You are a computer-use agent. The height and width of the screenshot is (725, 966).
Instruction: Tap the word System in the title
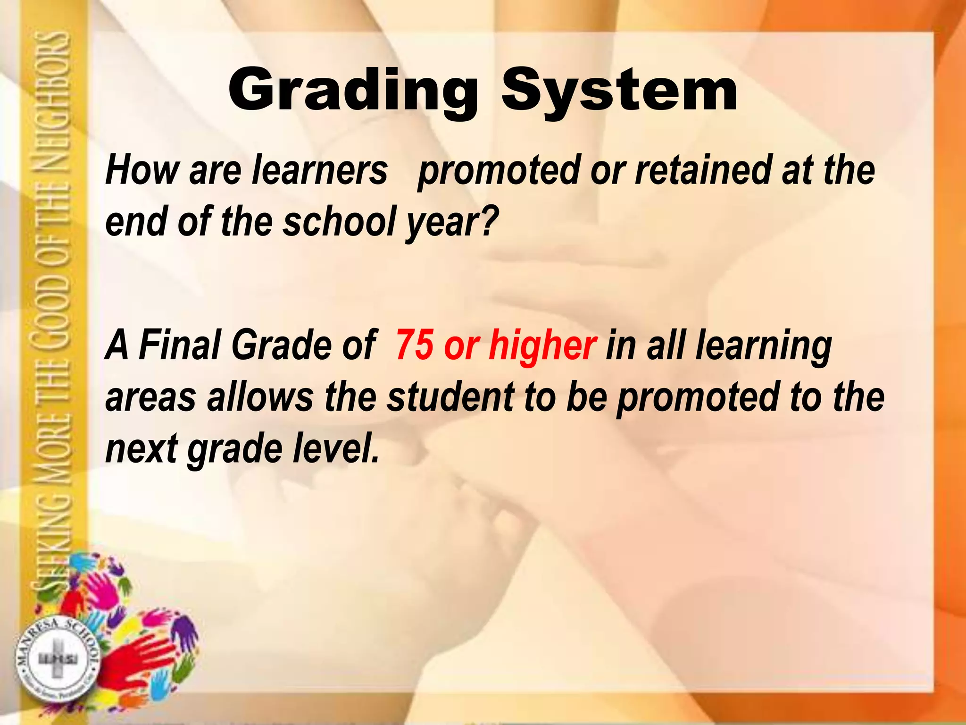pyautogui.click(x=619, y=91)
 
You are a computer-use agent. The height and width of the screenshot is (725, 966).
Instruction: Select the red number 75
pyautogui.click(x=414, y=345)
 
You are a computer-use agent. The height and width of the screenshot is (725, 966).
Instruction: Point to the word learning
pyautogui.click(x=764, y=347)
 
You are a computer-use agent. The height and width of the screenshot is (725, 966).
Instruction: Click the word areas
pyautogui.click(x=150, y=397)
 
